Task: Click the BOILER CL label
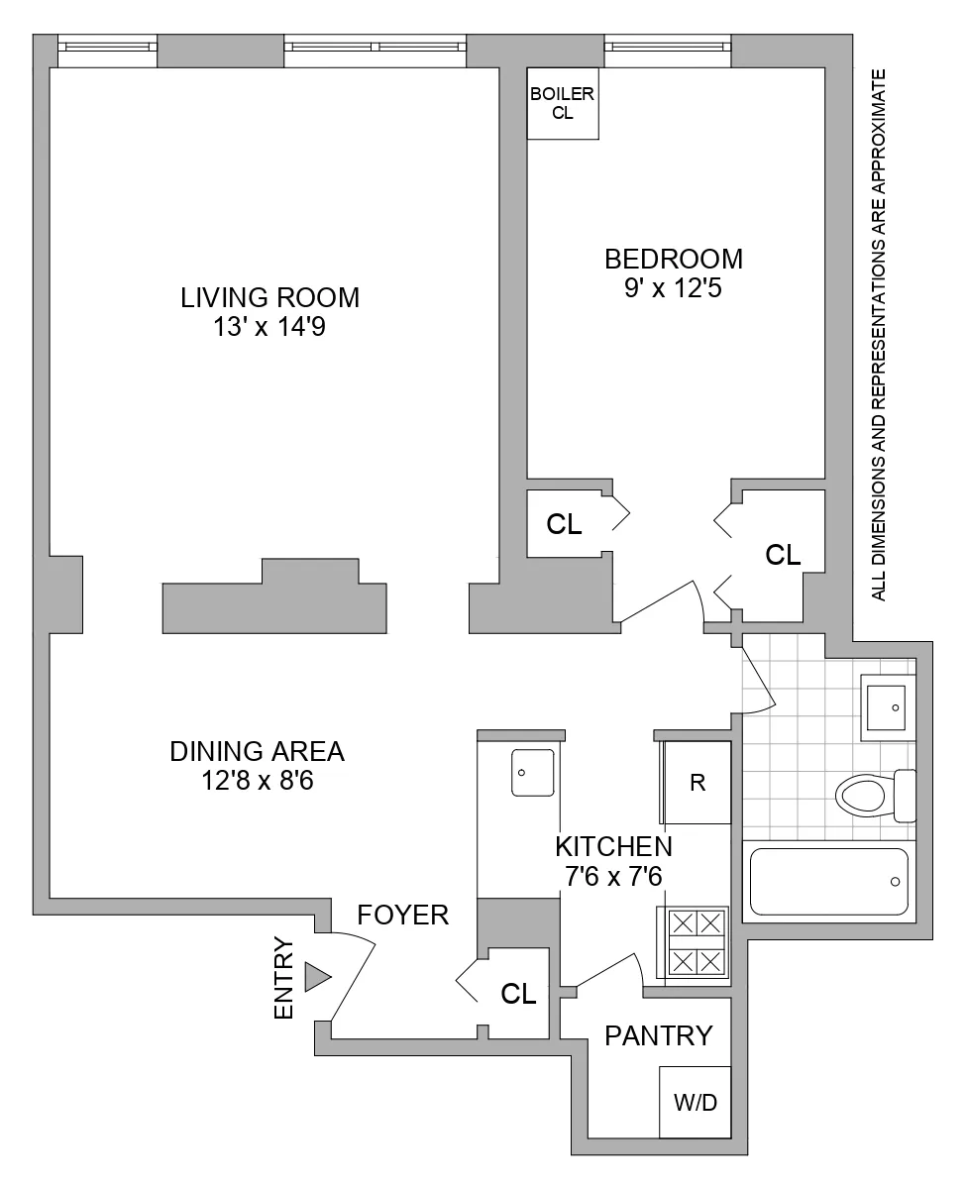(562, 103)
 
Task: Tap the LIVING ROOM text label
(269, 297)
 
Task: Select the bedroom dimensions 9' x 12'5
(674, 290)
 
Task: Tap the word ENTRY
(284, 978)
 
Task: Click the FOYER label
(403, 915)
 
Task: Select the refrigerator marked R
(698, 783)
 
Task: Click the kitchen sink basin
(532, 773)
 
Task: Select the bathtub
(828, 881)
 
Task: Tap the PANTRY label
(659, 1036)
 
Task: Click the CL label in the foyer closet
(518, 994)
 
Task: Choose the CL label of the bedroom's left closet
(564, 525)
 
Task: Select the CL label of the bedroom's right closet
(783, 555)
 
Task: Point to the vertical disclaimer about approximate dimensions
(878, 336)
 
